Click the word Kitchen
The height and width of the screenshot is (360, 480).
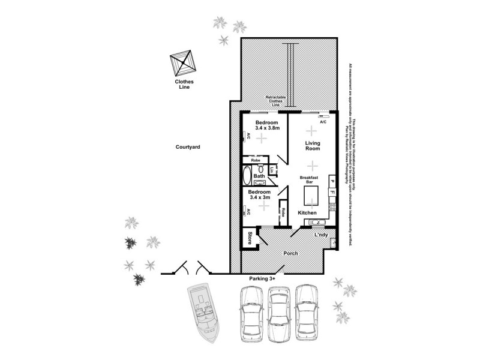tap(307, 214)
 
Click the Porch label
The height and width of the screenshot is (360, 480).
tap(291, 253)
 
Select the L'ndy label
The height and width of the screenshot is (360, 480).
tap(321, 235)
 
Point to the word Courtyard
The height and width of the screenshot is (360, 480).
tap(187, 146)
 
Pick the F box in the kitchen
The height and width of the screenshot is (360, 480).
tap(331, 192)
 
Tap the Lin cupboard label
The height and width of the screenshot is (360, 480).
tap(272, 171)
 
